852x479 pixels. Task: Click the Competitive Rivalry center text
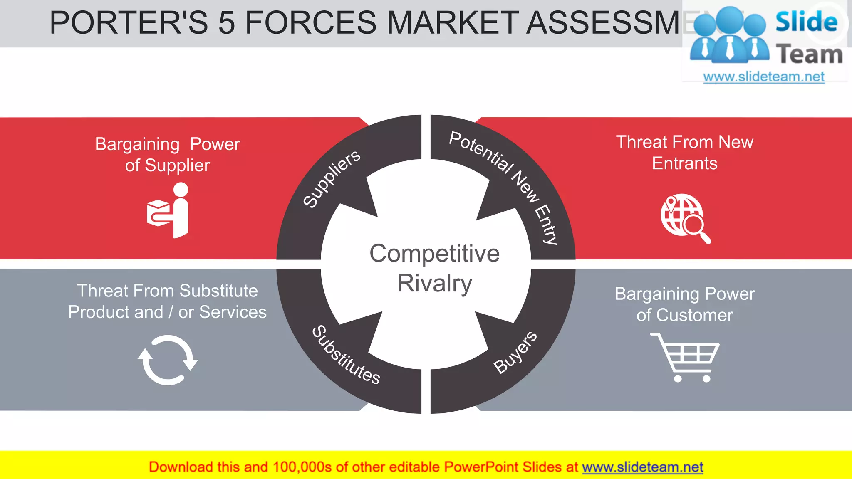tap(434, 268)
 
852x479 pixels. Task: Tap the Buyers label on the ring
tap(515, 352)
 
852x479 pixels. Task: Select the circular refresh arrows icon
tap(168, 360)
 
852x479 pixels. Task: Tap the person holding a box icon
tap(168, 211)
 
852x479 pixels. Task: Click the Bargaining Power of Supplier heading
tap(168, 155)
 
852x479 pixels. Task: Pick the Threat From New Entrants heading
tap(685, 153)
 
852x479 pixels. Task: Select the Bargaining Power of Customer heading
tap(685, 304)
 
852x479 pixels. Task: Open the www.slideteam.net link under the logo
tap(764, 77)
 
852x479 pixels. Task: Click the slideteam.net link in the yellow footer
tap(642, 467)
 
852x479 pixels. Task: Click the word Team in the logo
tap(810, 54)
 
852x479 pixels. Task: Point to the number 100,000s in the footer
tap(302, 467)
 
